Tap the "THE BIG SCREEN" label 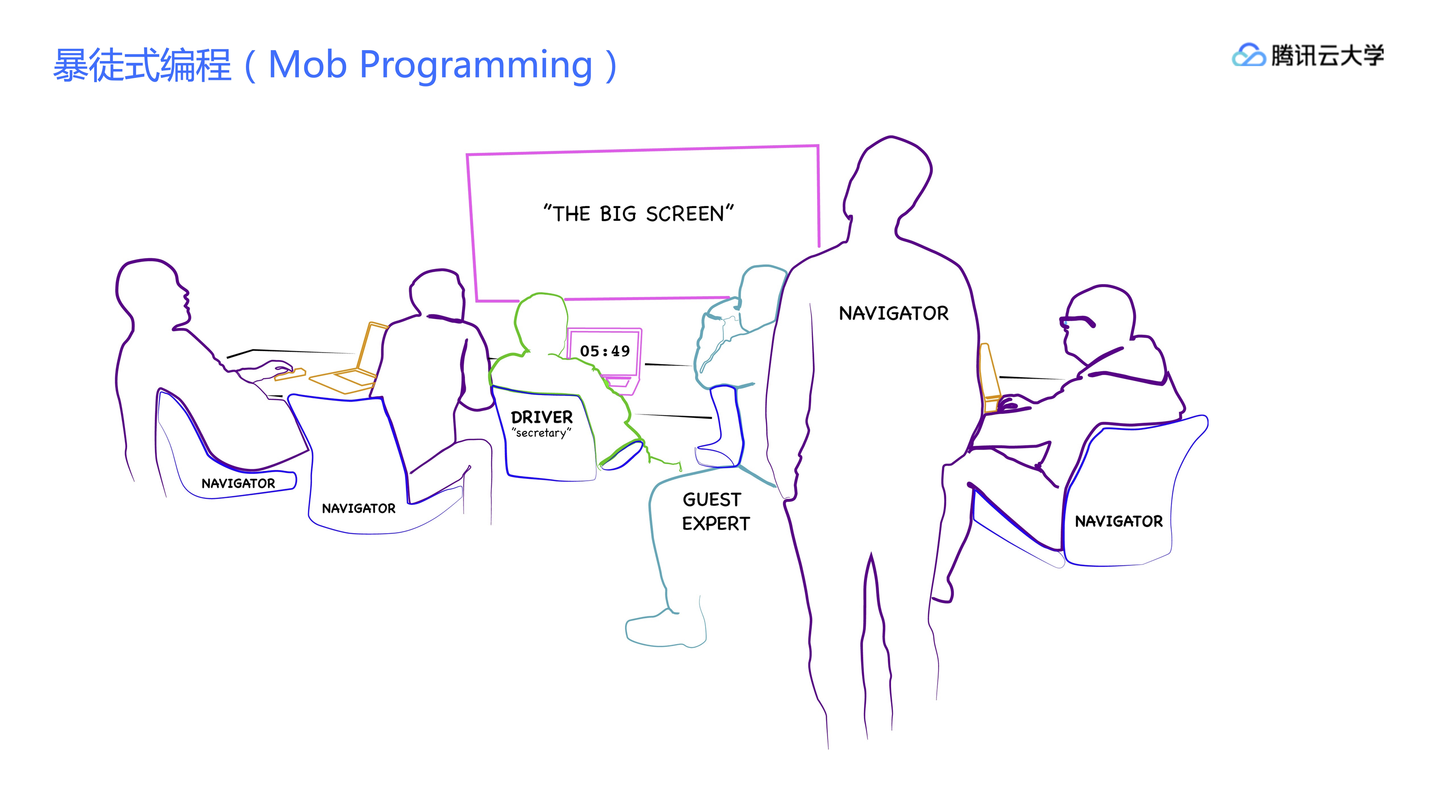[x=638, y=214]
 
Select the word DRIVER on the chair [x=541, y=417]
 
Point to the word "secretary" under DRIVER [x=541, y=433]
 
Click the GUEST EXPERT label [x=715, y=511]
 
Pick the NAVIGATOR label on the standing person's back [x=894, y=313]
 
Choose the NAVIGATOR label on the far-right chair [x=1118, y=521]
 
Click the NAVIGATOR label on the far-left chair [x=238, y=483]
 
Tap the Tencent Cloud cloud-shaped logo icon [x=1248, y=55]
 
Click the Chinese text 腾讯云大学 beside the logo [x=1327, y=55]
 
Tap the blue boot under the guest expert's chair [x=720, y=427]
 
